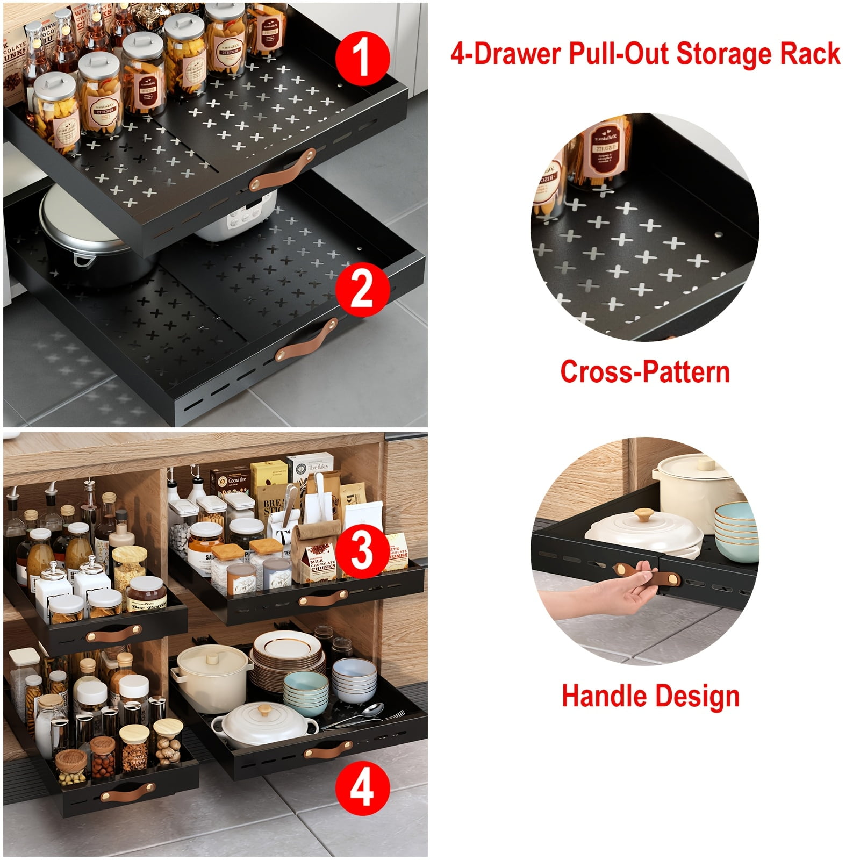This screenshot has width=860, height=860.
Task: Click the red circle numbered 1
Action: click(x=362, y=58)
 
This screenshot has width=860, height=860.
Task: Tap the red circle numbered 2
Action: click(x=362, y=289)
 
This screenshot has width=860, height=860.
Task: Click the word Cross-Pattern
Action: click(x=644, y=371)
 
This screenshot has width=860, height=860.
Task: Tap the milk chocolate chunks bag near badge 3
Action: click(x=321, y=562)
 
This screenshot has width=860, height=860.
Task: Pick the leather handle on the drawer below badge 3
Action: click(x=322, y=599)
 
